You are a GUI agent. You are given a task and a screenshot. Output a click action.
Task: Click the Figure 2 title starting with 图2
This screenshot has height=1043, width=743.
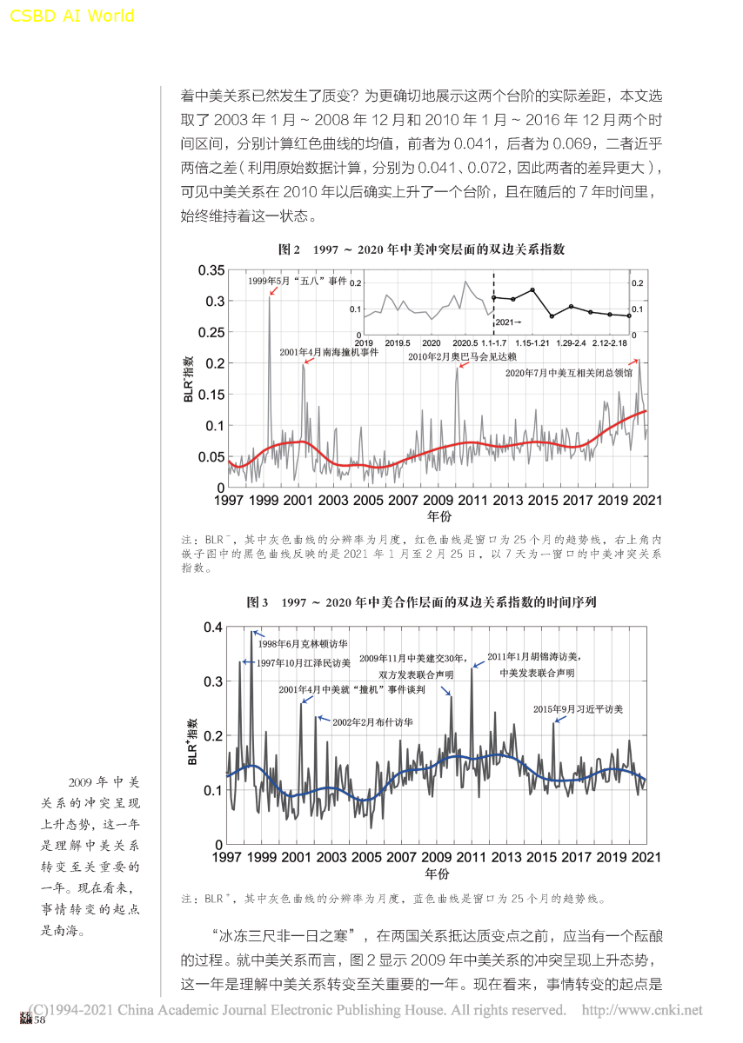click(421, 249)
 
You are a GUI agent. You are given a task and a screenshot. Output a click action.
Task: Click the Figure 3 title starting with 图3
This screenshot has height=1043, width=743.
click(421, 601)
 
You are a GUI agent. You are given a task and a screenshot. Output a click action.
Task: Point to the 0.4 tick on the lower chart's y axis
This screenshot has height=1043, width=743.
click(214, 627)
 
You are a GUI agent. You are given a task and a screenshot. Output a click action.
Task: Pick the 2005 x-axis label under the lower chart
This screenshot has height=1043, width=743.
click(367, 857)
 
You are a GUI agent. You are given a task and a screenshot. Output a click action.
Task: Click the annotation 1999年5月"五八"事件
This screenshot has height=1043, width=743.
click(298, 282)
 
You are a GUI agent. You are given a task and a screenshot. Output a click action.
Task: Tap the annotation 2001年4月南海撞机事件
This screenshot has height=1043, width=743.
click(329, 353)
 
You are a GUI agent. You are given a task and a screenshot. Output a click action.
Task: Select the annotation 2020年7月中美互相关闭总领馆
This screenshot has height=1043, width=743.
click(570, 373)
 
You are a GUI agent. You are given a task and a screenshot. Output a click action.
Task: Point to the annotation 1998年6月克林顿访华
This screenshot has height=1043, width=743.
click(303, 644)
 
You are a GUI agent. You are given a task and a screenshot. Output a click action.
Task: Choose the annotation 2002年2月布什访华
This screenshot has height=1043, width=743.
click(372, 722)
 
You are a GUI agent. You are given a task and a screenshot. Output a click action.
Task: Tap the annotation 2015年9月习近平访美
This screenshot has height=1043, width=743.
click(579, 709)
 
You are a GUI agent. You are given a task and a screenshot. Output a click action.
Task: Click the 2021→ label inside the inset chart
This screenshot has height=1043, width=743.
click(508, 322)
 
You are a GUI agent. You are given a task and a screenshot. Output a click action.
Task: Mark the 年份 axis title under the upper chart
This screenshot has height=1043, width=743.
click(438, 516)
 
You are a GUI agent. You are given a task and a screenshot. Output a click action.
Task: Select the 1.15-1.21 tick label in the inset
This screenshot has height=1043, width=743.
click(532, 344)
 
